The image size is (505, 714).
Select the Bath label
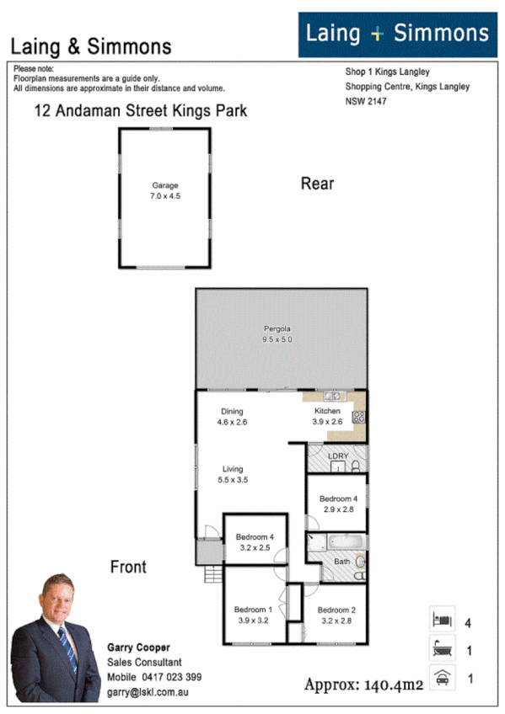click(x=341, y=561)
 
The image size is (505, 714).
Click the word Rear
click(x=317, y=184)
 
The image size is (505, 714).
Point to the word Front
click(x=128, y=567)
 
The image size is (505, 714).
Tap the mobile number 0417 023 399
click(x=171, y=676)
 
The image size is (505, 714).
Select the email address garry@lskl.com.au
click(x=148, y=690)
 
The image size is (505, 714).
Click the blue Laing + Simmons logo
click(x=397, y=35)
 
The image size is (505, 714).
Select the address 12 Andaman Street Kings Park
click(x=140, y=110)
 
